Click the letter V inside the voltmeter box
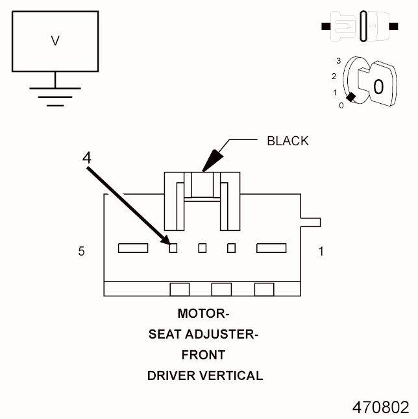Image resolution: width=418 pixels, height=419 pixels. click(x=55, y=41)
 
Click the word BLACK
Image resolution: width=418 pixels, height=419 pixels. click(x=288, y=141)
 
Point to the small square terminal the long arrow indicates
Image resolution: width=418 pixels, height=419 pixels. click(x=173, y=247)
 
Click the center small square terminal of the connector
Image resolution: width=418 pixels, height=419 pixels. click(x=203, y=247)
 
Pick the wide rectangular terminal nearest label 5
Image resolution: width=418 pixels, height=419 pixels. click(x=132, y=247)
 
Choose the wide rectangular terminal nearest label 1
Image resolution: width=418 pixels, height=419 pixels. click(x=272, y=247)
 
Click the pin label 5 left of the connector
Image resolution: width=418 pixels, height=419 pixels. click(x=81, y=251)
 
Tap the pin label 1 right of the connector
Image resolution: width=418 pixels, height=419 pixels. click(x=321, y=251)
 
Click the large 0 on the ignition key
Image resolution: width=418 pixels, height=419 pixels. click(x=378, y=86)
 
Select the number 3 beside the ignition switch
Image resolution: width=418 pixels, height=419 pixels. click(x=338, y=60)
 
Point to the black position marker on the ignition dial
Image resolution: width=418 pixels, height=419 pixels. click(x=351, y=97)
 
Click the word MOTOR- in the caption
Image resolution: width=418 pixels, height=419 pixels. click(x=204, y=314)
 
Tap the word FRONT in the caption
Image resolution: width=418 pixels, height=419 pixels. click(x=204, y=355)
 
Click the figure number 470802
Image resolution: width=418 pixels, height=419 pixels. click(x=380, y=407)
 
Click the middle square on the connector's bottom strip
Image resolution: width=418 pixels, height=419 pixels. click(x=221, y=289)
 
